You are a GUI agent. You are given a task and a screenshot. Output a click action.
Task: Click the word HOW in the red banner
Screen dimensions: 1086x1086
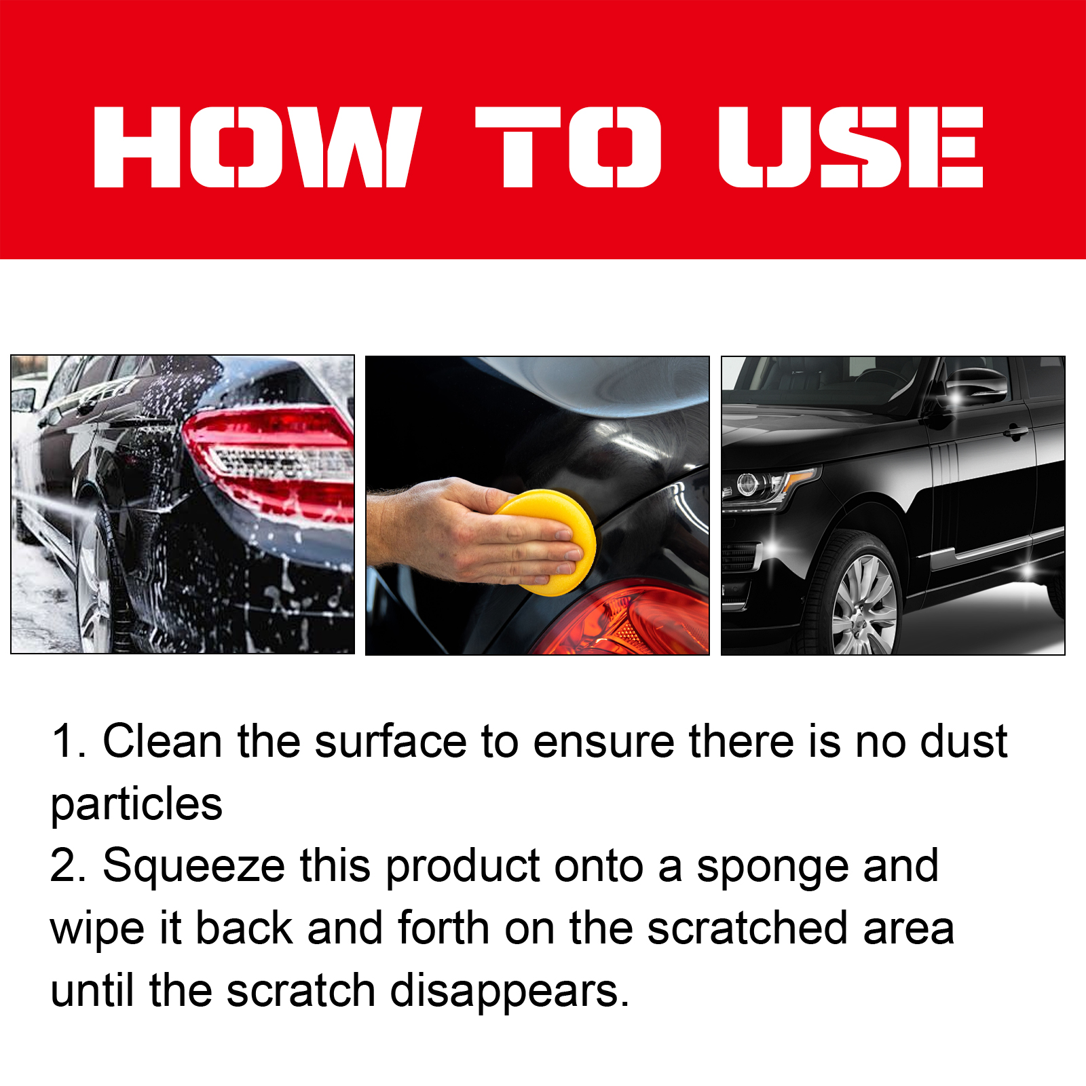[258, 147]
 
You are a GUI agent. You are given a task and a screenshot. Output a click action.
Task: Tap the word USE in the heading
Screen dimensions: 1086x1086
[851, 147]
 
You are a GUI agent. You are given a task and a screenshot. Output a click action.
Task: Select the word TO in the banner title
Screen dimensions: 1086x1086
[568, 147]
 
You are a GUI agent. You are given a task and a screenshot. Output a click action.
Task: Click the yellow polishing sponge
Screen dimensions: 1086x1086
[547, 542]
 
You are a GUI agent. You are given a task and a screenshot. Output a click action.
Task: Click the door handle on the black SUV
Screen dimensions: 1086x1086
[1015, 432]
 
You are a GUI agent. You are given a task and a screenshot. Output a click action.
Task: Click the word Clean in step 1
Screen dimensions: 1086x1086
[162, 741]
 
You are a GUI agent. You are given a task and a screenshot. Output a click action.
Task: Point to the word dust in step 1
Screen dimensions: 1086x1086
[963, 741]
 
